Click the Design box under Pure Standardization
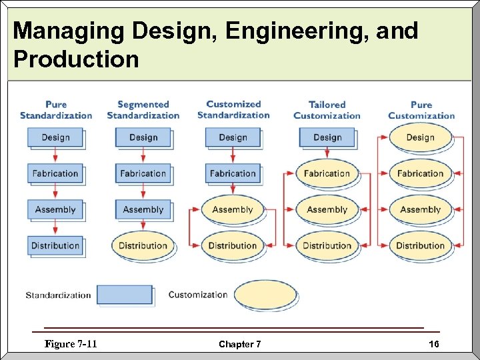click(55, 137)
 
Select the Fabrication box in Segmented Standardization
click(143, 173)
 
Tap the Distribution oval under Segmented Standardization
click(143, 245)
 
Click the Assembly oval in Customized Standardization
click(233, 209)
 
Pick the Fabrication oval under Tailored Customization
click(327, 173)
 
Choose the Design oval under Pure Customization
click(420, 137)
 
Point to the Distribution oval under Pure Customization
click(420, 245)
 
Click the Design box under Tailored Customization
click(327, 137)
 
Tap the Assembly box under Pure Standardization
click(55, 209)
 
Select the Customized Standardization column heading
click(233, 109)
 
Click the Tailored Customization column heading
click(327, 110)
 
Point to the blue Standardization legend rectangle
click(125, 295)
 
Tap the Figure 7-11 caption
click(71, 344)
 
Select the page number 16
click(434, 344)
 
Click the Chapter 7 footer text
click(240, 344)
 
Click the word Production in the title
click(76, 59)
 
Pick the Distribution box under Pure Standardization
click(55, 245)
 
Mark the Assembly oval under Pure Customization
click(420, 209)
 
